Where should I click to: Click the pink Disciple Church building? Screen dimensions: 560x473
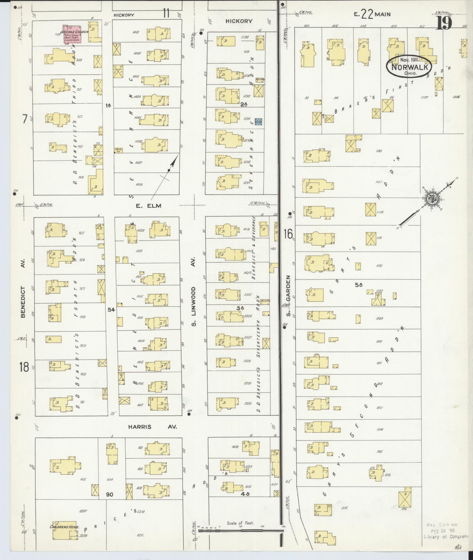tap(72, 36)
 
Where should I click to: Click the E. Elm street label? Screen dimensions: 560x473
tap(148, 206)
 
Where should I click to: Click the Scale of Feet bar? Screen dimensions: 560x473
tap(241, 530)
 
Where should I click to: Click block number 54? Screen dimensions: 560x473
tap(111, 310)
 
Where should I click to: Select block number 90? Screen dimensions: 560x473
tap(110, 495)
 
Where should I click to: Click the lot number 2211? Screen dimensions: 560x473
tap(140, 535)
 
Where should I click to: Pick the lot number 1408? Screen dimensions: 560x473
tap(139, 184)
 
